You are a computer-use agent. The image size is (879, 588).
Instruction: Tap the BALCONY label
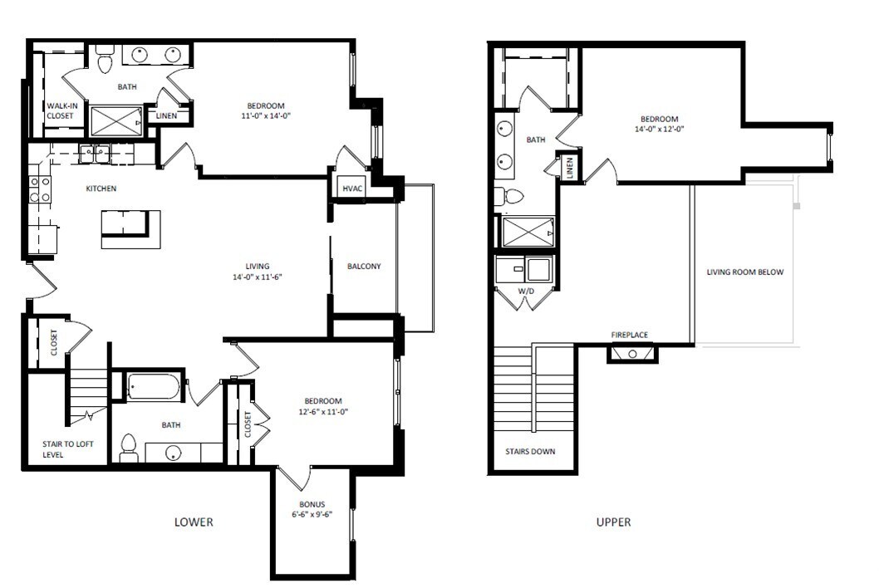pos(364,267)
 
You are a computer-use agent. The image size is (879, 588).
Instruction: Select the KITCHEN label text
pos(101,189)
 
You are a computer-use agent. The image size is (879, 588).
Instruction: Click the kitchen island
pos(130,228)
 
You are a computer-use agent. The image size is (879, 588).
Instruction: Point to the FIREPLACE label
pos(629,335)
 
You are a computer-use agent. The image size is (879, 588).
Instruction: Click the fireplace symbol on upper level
pos(632,354)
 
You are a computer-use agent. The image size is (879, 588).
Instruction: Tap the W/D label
pos(526,292)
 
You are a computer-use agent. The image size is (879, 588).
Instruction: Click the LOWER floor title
pos(194,522)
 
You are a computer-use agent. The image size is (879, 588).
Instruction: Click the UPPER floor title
pos(613,522)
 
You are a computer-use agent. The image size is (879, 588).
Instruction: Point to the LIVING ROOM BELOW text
pos(744,272)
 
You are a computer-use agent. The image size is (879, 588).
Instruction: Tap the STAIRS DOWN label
pos(530,452)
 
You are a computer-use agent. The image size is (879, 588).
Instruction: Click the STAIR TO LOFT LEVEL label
pos(68,449)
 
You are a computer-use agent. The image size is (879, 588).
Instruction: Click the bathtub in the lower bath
pos(154,387)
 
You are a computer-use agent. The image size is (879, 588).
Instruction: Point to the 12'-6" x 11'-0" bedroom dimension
pos(322,412)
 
